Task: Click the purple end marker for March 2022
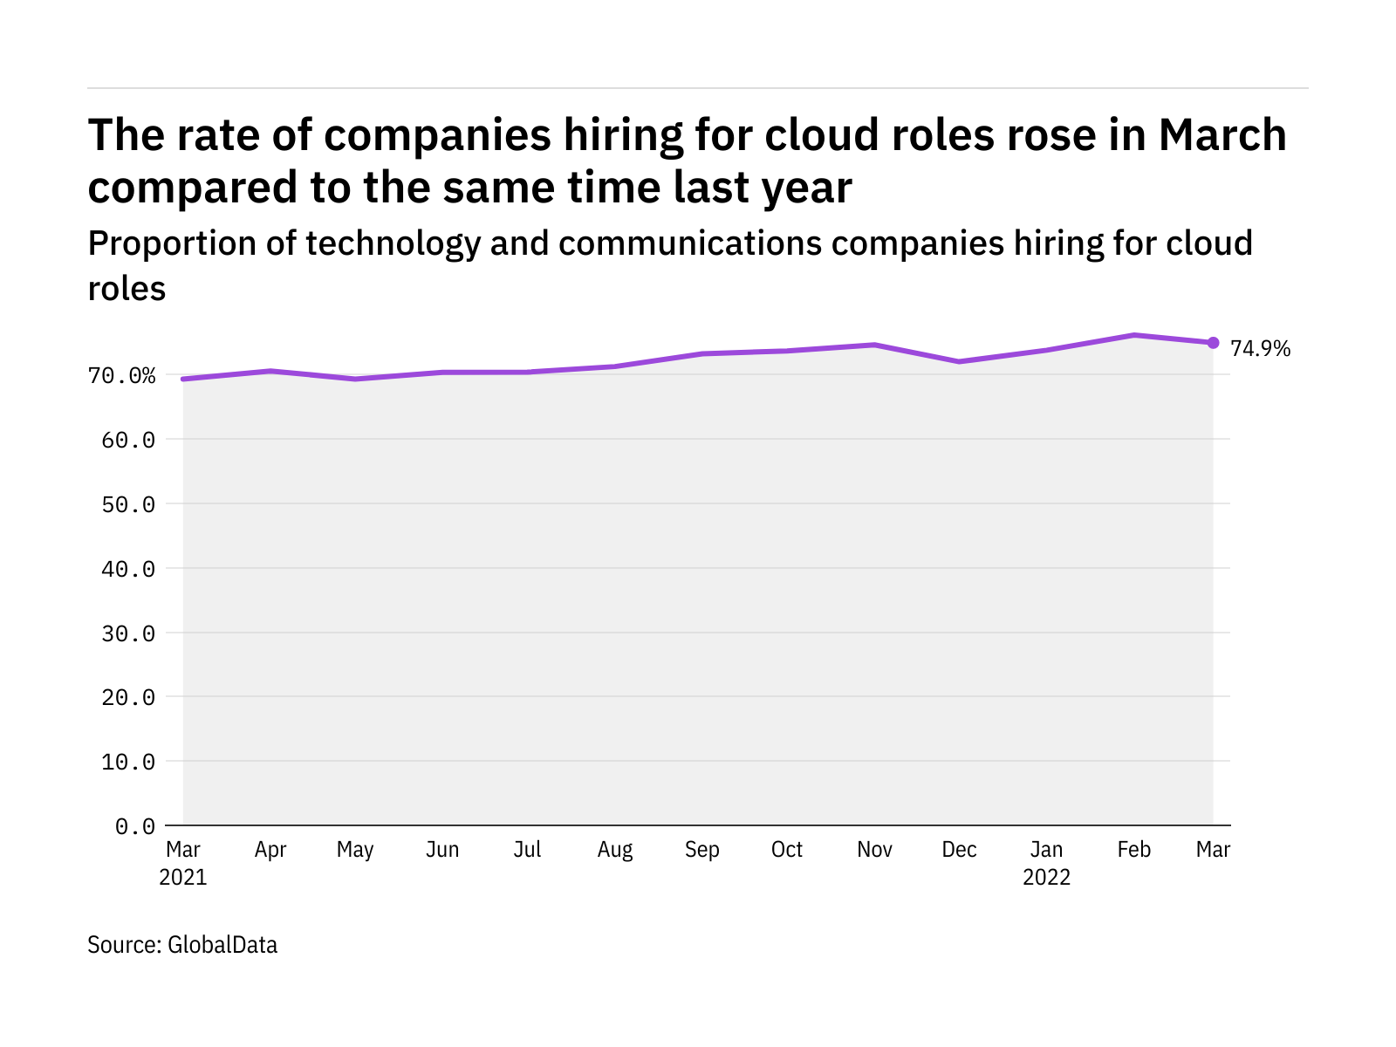click(x=1213, y=343)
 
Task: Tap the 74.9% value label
click(x=1260, y=349)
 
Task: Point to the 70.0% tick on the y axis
click(x=122, y=376)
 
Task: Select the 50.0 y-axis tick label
click(x=128, y=504)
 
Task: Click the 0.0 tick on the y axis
click(x=135, y=826)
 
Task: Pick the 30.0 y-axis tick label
click(x=128, y=633)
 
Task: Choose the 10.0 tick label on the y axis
click(x=128, y=762)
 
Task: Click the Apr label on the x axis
click(x=270, y=850)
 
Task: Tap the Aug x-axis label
click(x=615, y=850)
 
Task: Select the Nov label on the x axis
click(x=874, y=850)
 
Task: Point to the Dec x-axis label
click(x=960, y=850)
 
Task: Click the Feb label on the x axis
click(x=1133, y=850)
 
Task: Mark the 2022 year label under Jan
click(x=1046, y=878)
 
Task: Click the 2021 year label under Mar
click(x=183, y=878)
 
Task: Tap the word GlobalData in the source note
click(x=222, y=945)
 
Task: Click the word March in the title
click(x=1222, y=135)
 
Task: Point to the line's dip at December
click(x=960, y=361)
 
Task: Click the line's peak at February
click(x=1133, y=335)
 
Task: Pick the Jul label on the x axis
click(x=527, y=850)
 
